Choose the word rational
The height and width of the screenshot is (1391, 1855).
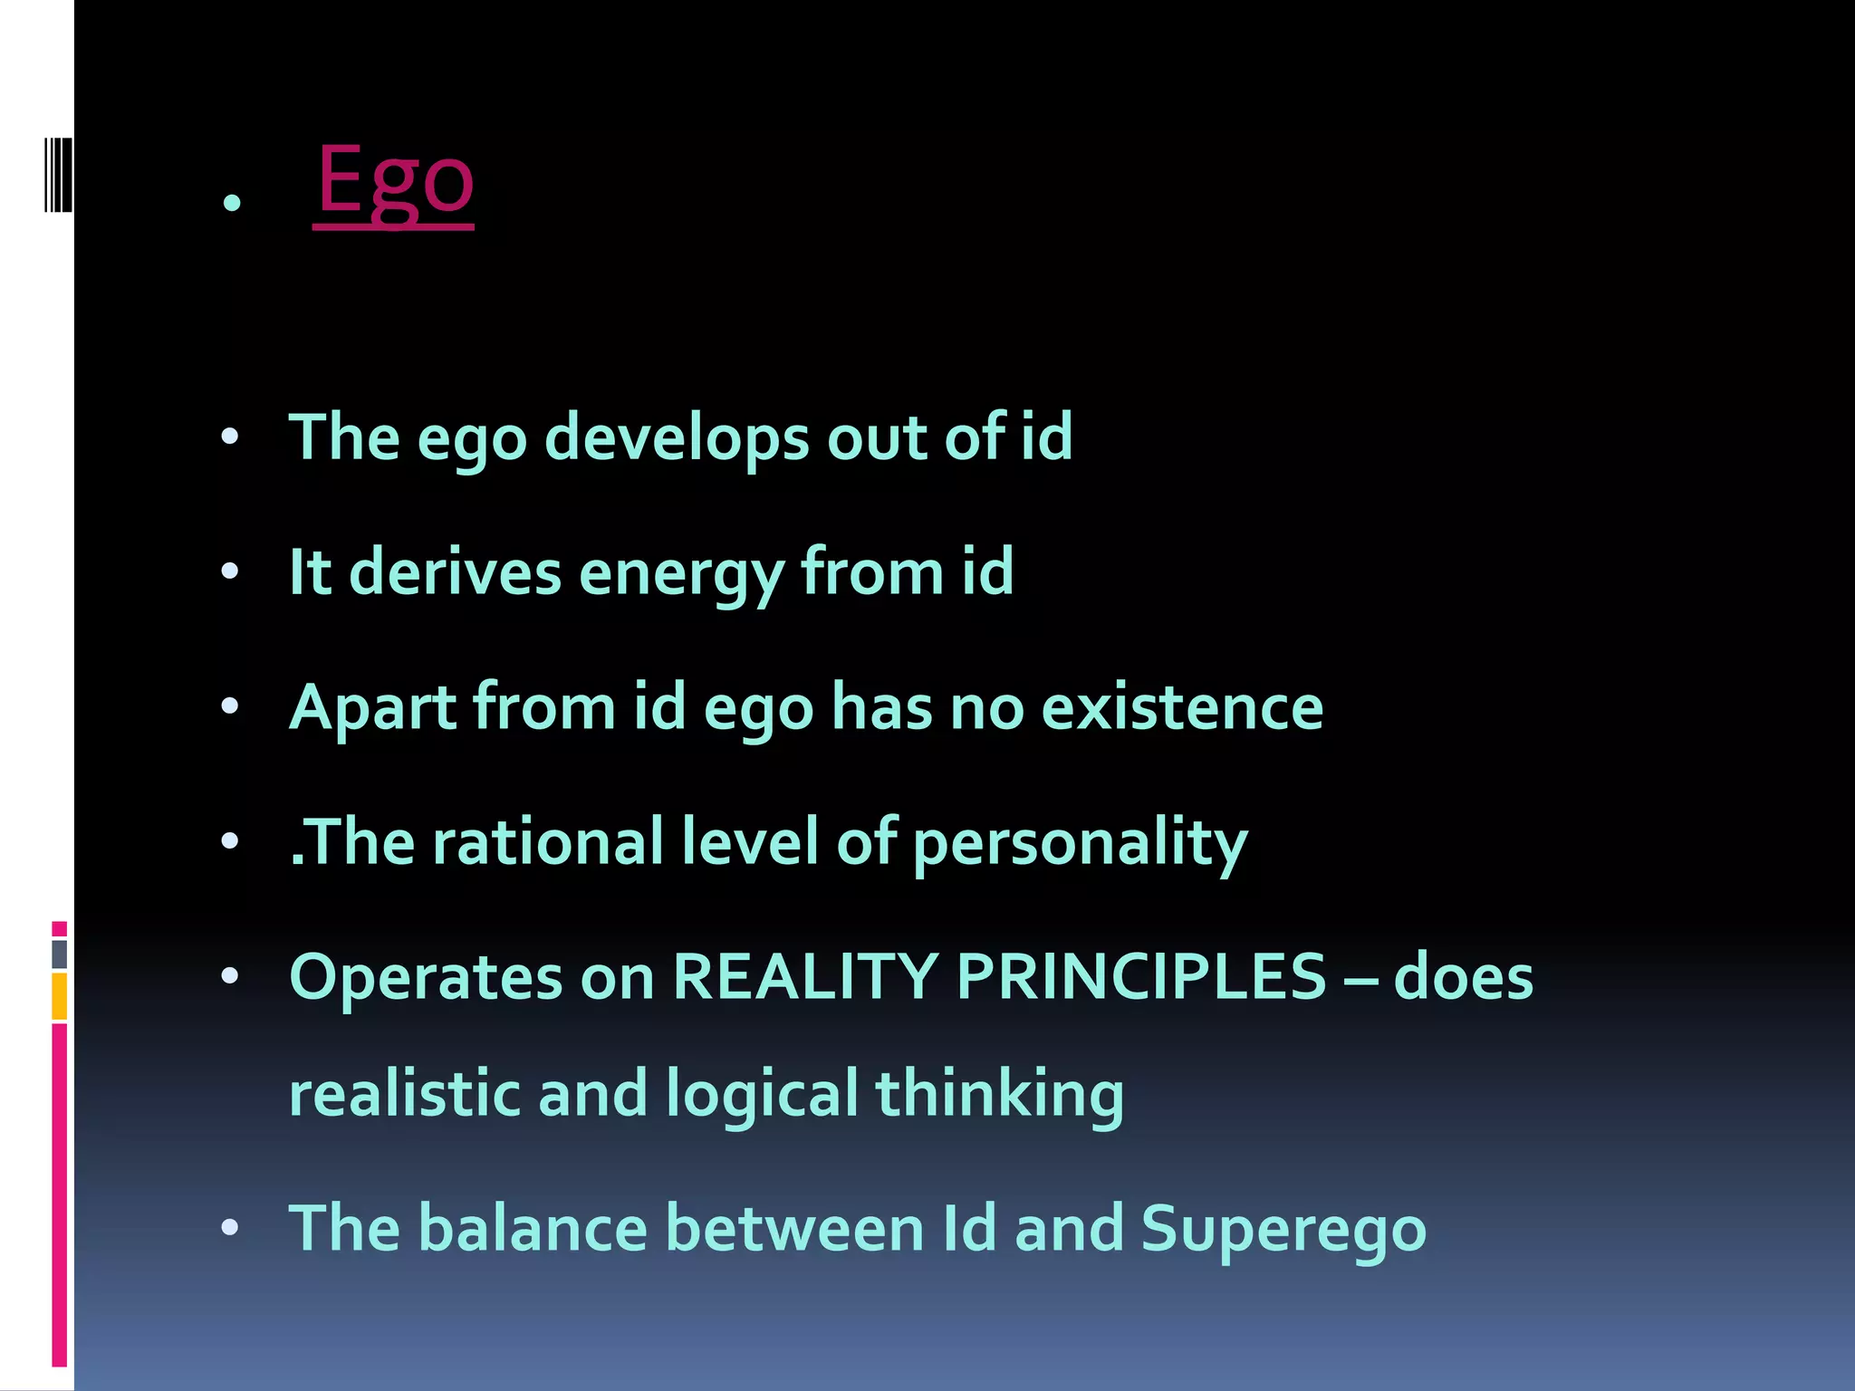pos(548,842)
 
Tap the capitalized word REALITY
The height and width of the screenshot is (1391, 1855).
pos(804,977)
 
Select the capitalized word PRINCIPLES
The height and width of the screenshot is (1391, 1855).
pos(1141,977)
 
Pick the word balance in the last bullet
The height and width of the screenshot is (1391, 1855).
pos(533,1229)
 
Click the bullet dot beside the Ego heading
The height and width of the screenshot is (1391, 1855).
pos(232,203)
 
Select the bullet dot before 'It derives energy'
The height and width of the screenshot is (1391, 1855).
pos(230,572)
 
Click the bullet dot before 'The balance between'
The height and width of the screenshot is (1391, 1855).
pos(230,1229)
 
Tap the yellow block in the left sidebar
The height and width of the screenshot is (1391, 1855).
pos(59,996)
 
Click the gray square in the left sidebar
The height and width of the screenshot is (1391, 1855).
pos(59,954)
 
